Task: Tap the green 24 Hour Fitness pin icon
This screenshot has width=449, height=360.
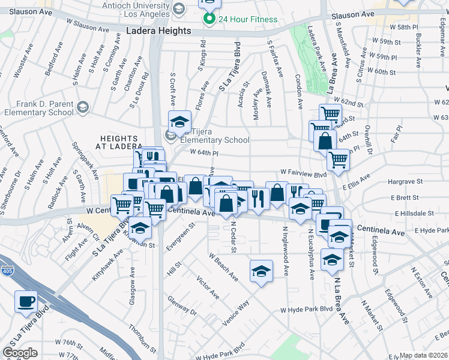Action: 209,19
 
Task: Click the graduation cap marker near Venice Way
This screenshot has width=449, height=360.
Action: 261,271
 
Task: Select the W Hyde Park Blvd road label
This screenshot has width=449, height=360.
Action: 306,310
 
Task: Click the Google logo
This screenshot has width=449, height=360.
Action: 20,352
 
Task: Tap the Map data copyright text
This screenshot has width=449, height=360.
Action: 424,355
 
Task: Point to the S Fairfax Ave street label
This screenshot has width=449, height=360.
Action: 276,59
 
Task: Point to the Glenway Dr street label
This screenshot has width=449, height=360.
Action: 182,305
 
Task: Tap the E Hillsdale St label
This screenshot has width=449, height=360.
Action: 414,213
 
